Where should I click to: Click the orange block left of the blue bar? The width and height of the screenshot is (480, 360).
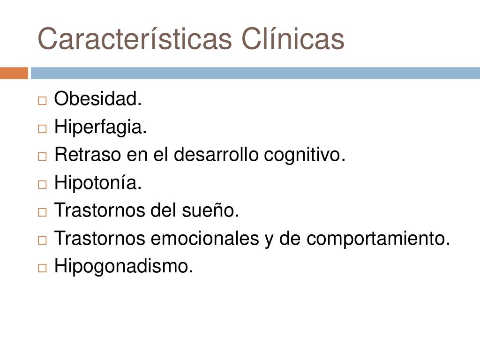point(14,73)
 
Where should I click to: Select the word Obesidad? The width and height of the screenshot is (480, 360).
point(97,99)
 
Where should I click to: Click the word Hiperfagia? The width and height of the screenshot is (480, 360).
point(100,127)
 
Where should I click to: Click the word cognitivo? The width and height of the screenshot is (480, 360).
point(305,155)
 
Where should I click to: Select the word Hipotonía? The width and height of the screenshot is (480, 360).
point(97,183)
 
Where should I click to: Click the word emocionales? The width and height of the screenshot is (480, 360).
point(202,239)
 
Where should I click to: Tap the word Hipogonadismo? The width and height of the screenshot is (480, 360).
point(124,267)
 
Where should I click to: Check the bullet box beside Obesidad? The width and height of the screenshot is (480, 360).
point(43,100)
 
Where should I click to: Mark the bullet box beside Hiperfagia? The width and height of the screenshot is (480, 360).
point(43,128)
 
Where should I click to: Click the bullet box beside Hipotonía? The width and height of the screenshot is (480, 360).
point(43,184)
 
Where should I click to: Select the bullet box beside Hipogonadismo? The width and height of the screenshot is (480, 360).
point(43,268)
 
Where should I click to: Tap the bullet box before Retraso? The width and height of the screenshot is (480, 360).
point(43,156)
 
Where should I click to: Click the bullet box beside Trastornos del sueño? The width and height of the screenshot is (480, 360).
point(43,212)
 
